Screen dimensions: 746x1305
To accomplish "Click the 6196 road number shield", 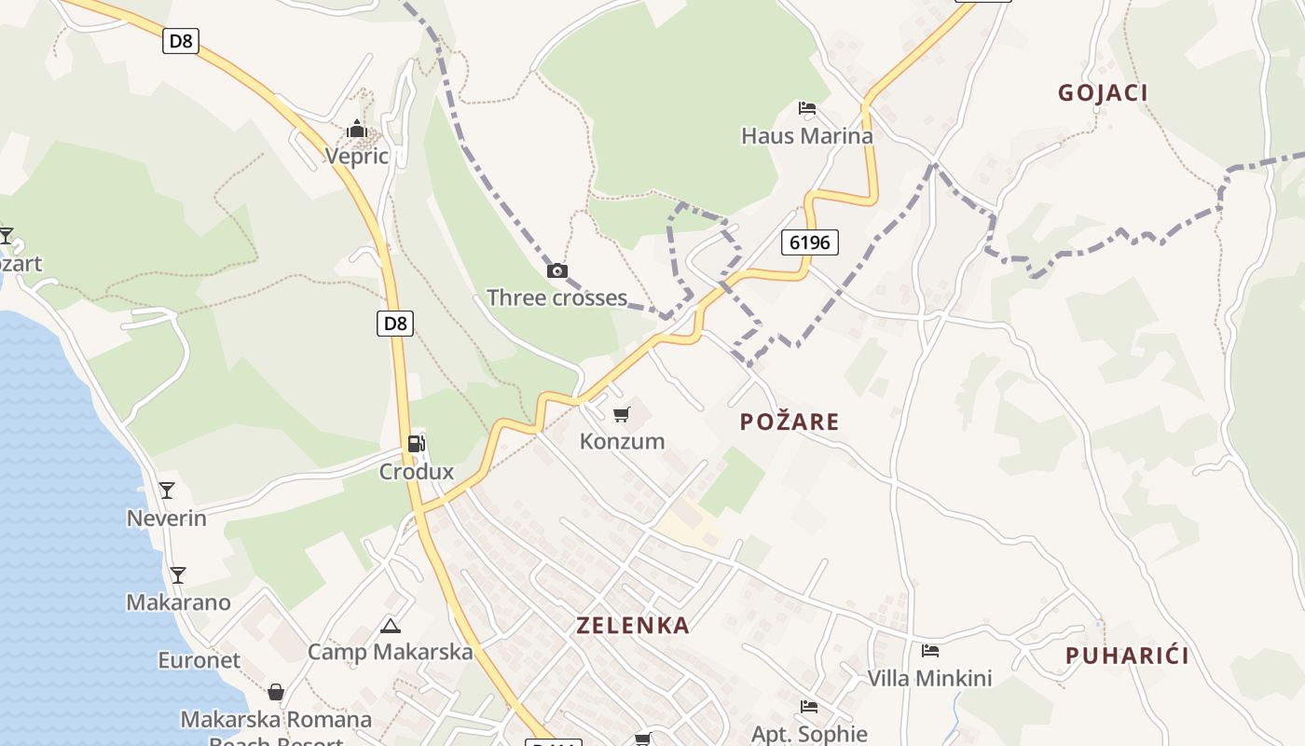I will [809, 242].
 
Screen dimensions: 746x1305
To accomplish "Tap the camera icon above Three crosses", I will [556, 270].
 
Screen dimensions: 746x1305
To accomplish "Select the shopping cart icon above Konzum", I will [621, 414].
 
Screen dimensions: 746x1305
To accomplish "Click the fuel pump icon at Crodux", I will [417, 444].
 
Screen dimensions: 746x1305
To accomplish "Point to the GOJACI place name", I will [1103, 92].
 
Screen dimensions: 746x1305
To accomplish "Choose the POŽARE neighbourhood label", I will [790, 421].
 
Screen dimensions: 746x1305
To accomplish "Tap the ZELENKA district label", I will [633, 625].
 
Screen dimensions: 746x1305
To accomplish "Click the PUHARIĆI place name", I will [1127, 656].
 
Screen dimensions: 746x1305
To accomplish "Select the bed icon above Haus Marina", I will [807, 109].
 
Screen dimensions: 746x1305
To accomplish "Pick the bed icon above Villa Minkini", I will [929, 651].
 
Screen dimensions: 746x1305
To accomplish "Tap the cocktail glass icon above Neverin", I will [167, 490].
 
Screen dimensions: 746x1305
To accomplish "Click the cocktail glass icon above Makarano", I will [178, 574].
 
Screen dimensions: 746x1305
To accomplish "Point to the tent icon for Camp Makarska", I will [391, 625].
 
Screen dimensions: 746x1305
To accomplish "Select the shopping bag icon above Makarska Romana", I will [276, 692].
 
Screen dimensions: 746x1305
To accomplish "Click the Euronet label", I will [199, 660].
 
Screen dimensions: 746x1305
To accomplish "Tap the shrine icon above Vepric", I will [357, 129].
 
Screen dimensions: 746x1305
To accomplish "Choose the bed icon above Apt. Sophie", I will [808, 707].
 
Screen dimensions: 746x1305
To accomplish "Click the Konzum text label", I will [623, 441].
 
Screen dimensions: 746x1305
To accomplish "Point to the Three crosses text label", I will [556, 297].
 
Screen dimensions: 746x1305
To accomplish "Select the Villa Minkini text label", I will [929, 678].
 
